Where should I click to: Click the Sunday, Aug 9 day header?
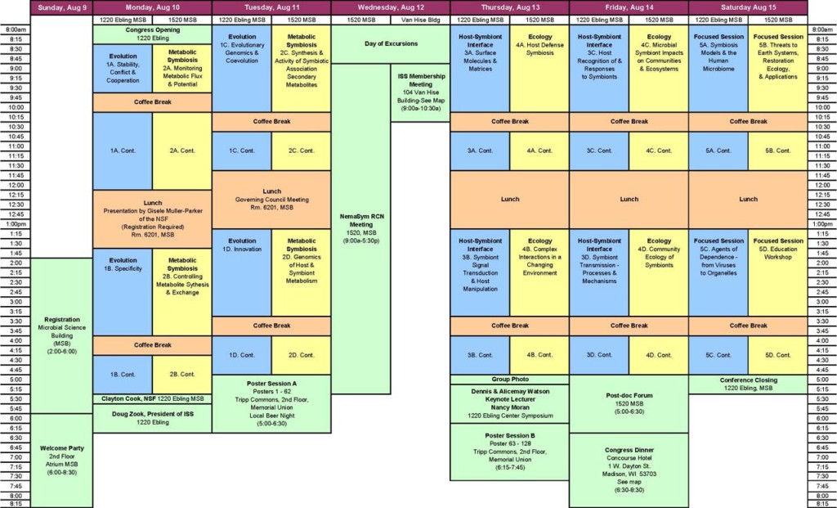click(61, 7)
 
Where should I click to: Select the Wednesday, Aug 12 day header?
click(391, 7)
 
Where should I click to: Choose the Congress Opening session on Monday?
click(152, 34)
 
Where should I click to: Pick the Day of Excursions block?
click(391, 43)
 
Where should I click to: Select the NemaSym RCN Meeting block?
click(360, 229)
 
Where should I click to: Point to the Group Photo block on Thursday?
click(509, 380)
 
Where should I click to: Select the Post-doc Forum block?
click(629, 403)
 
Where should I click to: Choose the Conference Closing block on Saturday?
click(748, 384)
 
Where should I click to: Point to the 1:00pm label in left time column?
click(15, 223)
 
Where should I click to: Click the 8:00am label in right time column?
click(821, 29)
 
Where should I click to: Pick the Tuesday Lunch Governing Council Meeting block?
click(271, 199)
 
